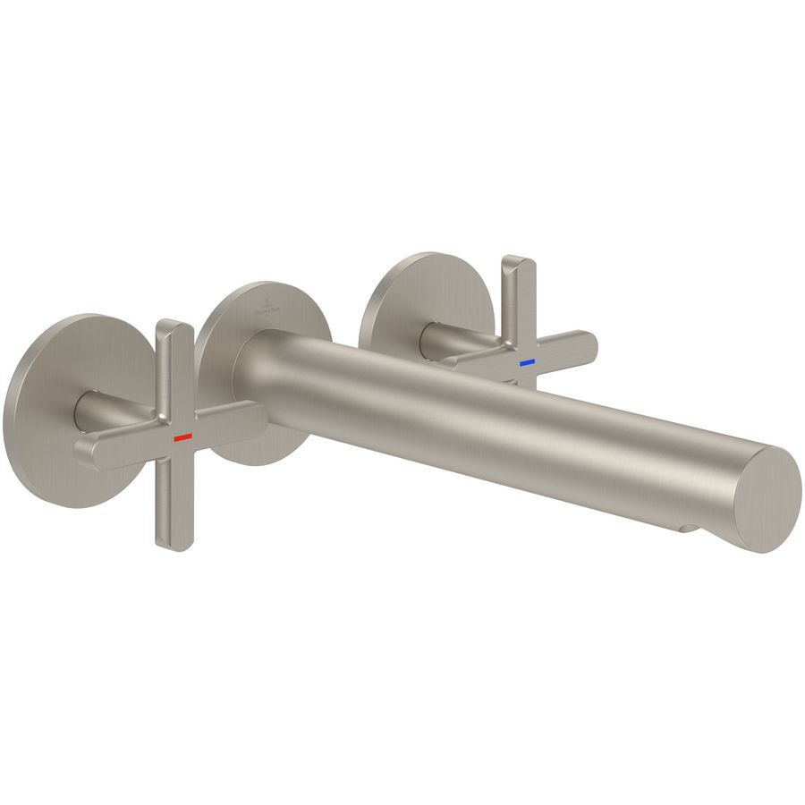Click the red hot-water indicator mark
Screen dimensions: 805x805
[183, 437]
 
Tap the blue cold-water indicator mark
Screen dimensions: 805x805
[526, 363]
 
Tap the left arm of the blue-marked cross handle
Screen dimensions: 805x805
[465, 359]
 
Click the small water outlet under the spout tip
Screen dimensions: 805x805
[687, 529]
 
